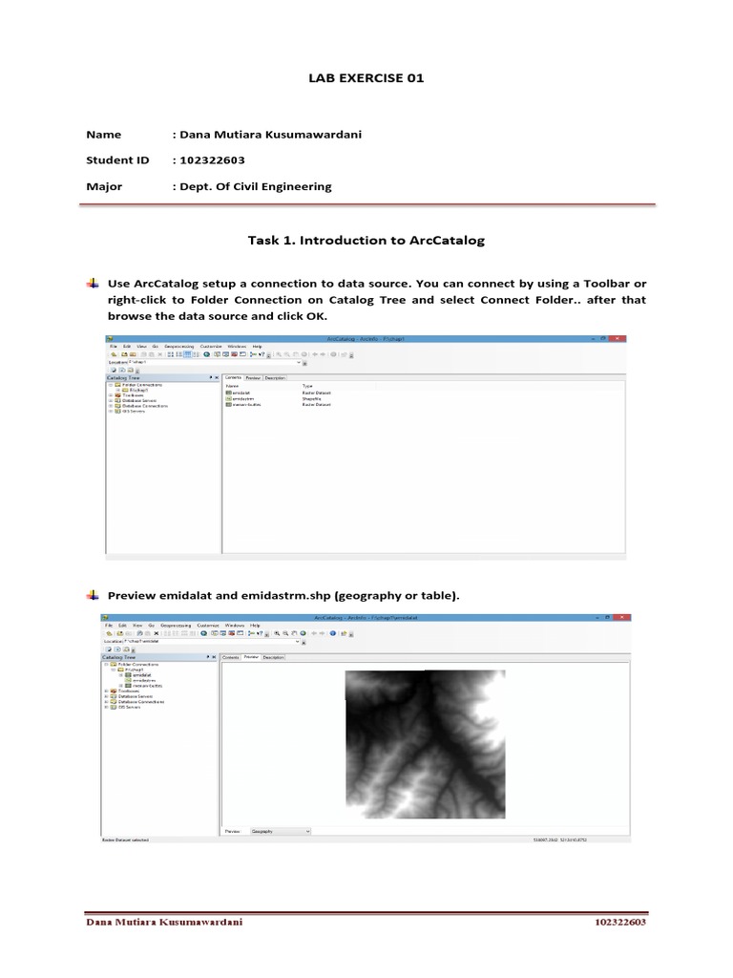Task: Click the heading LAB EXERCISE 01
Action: click(x=366, y=78)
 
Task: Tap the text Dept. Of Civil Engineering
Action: click(x=255, y=186)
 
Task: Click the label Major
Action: click(x=104, y=186)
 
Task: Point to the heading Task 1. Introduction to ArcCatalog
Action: click(x=366, y=241)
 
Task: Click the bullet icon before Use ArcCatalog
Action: click(x=93, y=285)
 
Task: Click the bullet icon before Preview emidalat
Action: click(x=93, y=596)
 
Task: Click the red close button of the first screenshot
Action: click(x=621, y=339)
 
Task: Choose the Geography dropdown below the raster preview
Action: click(x=281, y=832)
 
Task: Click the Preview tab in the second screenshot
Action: click(x=251, y=657)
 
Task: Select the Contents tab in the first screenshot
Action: click(x=233, y=377)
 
